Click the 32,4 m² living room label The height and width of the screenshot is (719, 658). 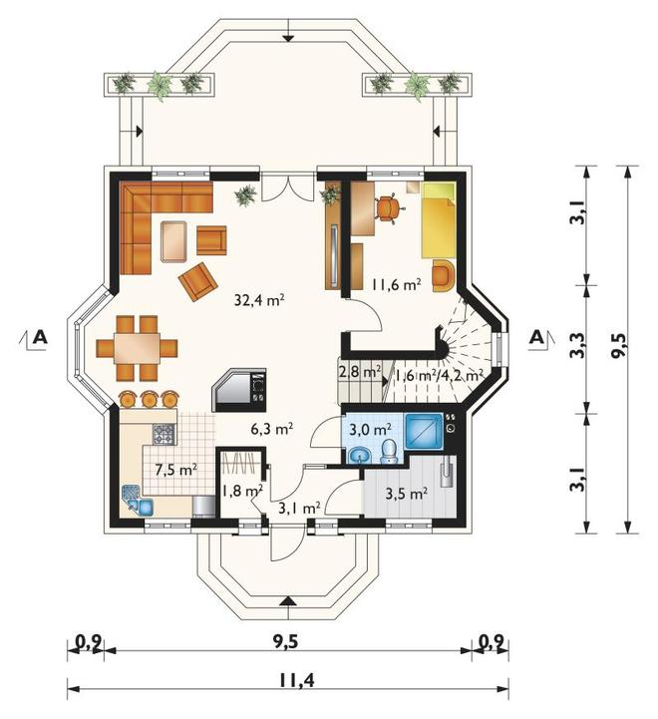tap(259, 300)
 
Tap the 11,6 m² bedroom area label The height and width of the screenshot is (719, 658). tap(396, 285)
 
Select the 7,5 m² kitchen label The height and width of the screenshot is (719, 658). tap(176, 470)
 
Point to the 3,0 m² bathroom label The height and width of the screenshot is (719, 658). tap(370, 430)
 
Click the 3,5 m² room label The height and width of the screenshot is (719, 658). tap(407, 494)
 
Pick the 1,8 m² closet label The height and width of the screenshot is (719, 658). tap(242, 491)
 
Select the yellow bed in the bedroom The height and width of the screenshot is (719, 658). tap(439, 220)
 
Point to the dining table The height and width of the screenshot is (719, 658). tap(138, 348)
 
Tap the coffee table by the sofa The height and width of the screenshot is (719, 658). tap(173, 240)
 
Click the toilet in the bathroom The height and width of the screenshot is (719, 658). tap(389, 452)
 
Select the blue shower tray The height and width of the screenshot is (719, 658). tap(424, 431)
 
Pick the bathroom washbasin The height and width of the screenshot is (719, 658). tap(360, 457)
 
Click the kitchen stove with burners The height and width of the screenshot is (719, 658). tap(164, 434)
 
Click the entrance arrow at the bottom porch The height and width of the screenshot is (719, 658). tap(287, 601)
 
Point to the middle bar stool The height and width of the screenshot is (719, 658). tap(149, 399)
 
